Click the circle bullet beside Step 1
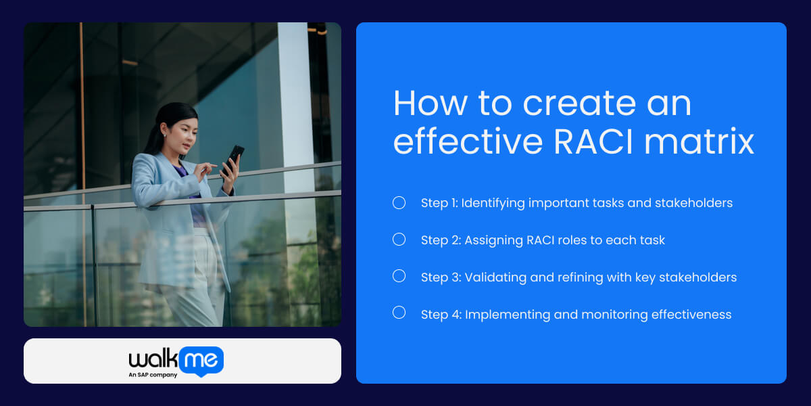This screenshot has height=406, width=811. point(399,202)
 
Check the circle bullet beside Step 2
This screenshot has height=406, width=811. point(399,240)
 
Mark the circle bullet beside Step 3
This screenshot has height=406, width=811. point(399,276)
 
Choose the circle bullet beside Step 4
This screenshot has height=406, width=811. point(399,313)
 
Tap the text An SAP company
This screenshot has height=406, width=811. point(153,375)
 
